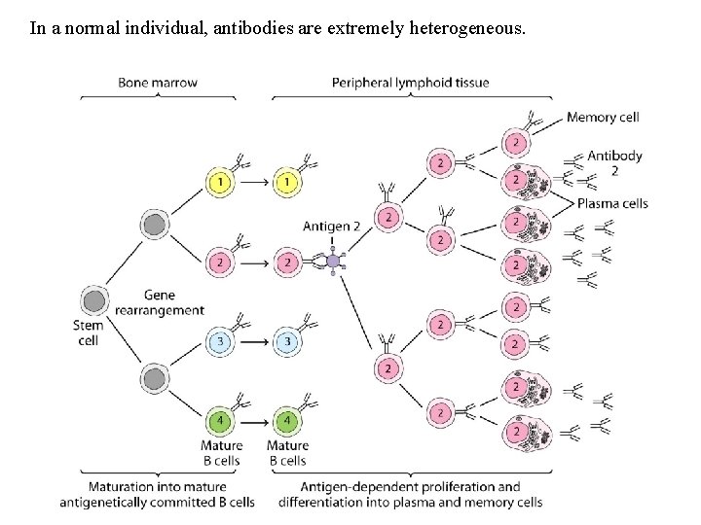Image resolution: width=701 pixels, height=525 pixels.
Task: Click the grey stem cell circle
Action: (94, 300)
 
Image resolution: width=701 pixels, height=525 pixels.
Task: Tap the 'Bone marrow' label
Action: (158, 83)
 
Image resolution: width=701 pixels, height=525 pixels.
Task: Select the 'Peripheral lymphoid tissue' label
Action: (410, 83)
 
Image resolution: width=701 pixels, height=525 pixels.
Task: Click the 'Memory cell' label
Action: (603, 118)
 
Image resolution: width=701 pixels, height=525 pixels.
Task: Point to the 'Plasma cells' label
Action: (611, 203)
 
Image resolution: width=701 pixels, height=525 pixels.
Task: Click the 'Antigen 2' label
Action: (331, 227)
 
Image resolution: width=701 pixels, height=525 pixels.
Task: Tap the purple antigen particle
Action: (333, 262)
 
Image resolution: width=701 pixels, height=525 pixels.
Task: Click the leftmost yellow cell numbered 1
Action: (221, 182)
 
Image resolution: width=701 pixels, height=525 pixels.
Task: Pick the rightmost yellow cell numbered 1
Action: (286, 182)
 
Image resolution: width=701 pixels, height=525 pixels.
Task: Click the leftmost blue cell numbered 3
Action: (221, 341)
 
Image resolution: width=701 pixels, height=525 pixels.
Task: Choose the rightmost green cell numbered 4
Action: (286, 421)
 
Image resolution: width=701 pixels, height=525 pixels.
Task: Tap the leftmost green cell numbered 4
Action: (221, 421)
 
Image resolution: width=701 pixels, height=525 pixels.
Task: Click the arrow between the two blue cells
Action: (254, 341)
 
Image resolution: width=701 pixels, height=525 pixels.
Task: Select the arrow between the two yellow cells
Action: (254, 182)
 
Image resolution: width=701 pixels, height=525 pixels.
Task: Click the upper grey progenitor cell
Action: (154, 226)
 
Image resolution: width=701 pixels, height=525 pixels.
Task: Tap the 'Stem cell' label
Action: (88, 332)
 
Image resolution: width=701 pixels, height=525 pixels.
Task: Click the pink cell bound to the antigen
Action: (286, 262)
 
